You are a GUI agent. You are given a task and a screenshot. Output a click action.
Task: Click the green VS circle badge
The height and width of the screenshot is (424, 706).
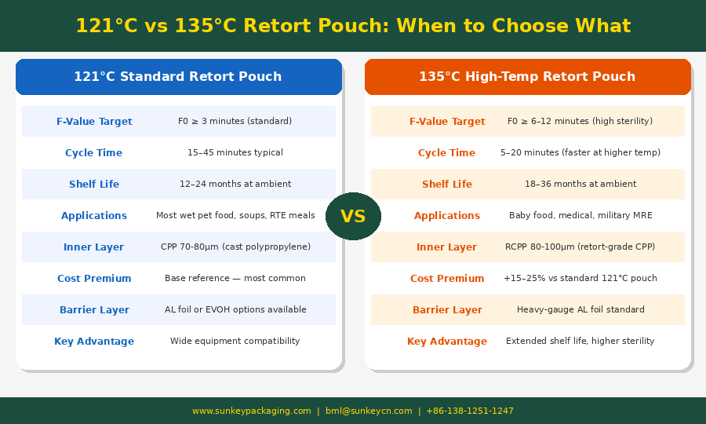click(353, 216)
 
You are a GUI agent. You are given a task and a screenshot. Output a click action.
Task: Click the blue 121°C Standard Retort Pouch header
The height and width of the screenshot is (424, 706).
click(179, 77)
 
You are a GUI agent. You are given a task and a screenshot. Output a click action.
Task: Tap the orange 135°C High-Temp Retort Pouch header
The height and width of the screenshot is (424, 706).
click(528, 77)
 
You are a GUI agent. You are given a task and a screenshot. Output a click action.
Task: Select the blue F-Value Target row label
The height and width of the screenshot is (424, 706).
click(94, 121)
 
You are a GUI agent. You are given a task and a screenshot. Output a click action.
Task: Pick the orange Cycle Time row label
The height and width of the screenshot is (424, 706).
click(446, 153)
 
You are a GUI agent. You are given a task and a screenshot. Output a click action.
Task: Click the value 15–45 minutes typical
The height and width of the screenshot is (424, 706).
click(235, 152)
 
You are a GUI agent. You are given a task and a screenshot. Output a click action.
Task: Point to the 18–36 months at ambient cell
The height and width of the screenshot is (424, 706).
click(580, 184)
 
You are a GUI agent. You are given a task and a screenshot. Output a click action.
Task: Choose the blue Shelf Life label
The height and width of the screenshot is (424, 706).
click(94, 184)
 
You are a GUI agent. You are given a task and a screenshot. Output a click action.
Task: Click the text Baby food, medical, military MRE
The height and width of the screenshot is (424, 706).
click(580, 215)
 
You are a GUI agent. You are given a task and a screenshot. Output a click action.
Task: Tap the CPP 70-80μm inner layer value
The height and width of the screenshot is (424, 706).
click(235, 247)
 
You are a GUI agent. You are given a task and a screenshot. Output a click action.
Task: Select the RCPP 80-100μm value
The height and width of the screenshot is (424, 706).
click(580, 247)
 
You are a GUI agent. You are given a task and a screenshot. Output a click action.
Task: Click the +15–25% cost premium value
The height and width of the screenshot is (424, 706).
click(580, 278)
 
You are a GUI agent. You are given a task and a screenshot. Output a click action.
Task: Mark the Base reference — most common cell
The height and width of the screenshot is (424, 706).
click(235, 278)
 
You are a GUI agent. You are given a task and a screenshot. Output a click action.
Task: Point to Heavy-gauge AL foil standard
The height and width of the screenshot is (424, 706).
click(580, 309)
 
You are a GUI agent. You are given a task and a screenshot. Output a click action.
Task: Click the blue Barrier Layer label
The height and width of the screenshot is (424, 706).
click(94, 310)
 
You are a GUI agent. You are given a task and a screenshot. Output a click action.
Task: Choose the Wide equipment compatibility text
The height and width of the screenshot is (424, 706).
click(235, 341)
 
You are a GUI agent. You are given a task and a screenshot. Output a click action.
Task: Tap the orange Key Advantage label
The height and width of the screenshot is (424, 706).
click(447, 342)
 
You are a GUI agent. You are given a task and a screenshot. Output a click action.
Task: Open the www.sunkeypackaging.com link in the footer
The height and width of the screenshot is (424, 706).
click(252, 411)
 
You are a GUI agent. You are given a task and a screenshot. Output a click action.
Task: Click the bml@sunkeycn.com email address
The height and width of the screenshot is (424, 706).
click(369, 411)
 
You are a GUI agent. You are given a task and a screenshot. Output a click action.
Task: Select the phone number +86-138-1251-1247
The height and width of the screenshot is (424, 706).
click(470, 411)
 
